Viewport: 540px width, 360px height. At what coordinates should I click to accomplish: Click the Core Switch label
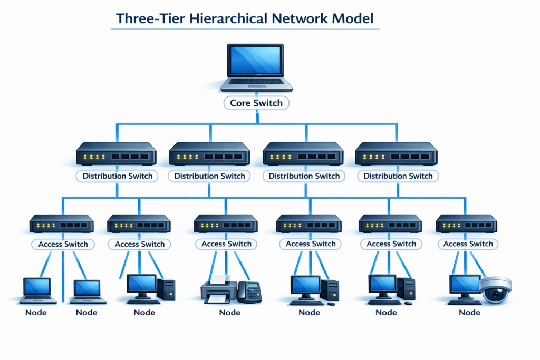tap(256, 103)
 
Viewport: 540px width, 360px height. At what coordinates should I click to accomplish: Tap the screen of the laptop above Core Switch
tap(256, 62)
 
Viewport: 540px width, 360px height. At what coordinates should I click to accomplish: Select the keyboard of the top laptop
tap(256, 82)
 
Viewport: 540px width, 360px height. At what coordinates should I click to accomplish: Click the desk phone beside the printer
tap(249, 291)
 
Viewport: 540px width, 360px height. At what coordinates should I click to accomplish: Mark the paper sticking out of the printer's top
tap(218, 279)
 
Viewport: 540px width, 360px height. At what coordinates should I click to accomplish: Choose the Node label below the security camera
tap(469, 312)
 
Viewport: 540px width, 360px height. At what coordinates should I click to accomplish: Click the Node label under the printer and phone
tap(229, 312)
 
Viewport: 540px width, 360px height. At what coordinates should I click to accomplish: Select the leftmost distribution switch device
tap(116, 154)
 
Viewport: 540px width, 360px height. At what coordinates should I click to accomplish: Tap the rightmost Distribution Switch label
tap(398, 176)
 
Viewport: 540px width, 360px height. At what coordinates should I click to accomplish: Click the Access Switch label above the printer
tap(226, 244)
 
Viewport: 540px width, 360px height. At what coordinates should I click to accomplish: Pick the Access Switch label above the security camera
tap(468, 244)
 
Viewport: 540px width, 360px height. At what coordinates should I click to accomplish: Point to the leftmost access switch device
tap(62, 224)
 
